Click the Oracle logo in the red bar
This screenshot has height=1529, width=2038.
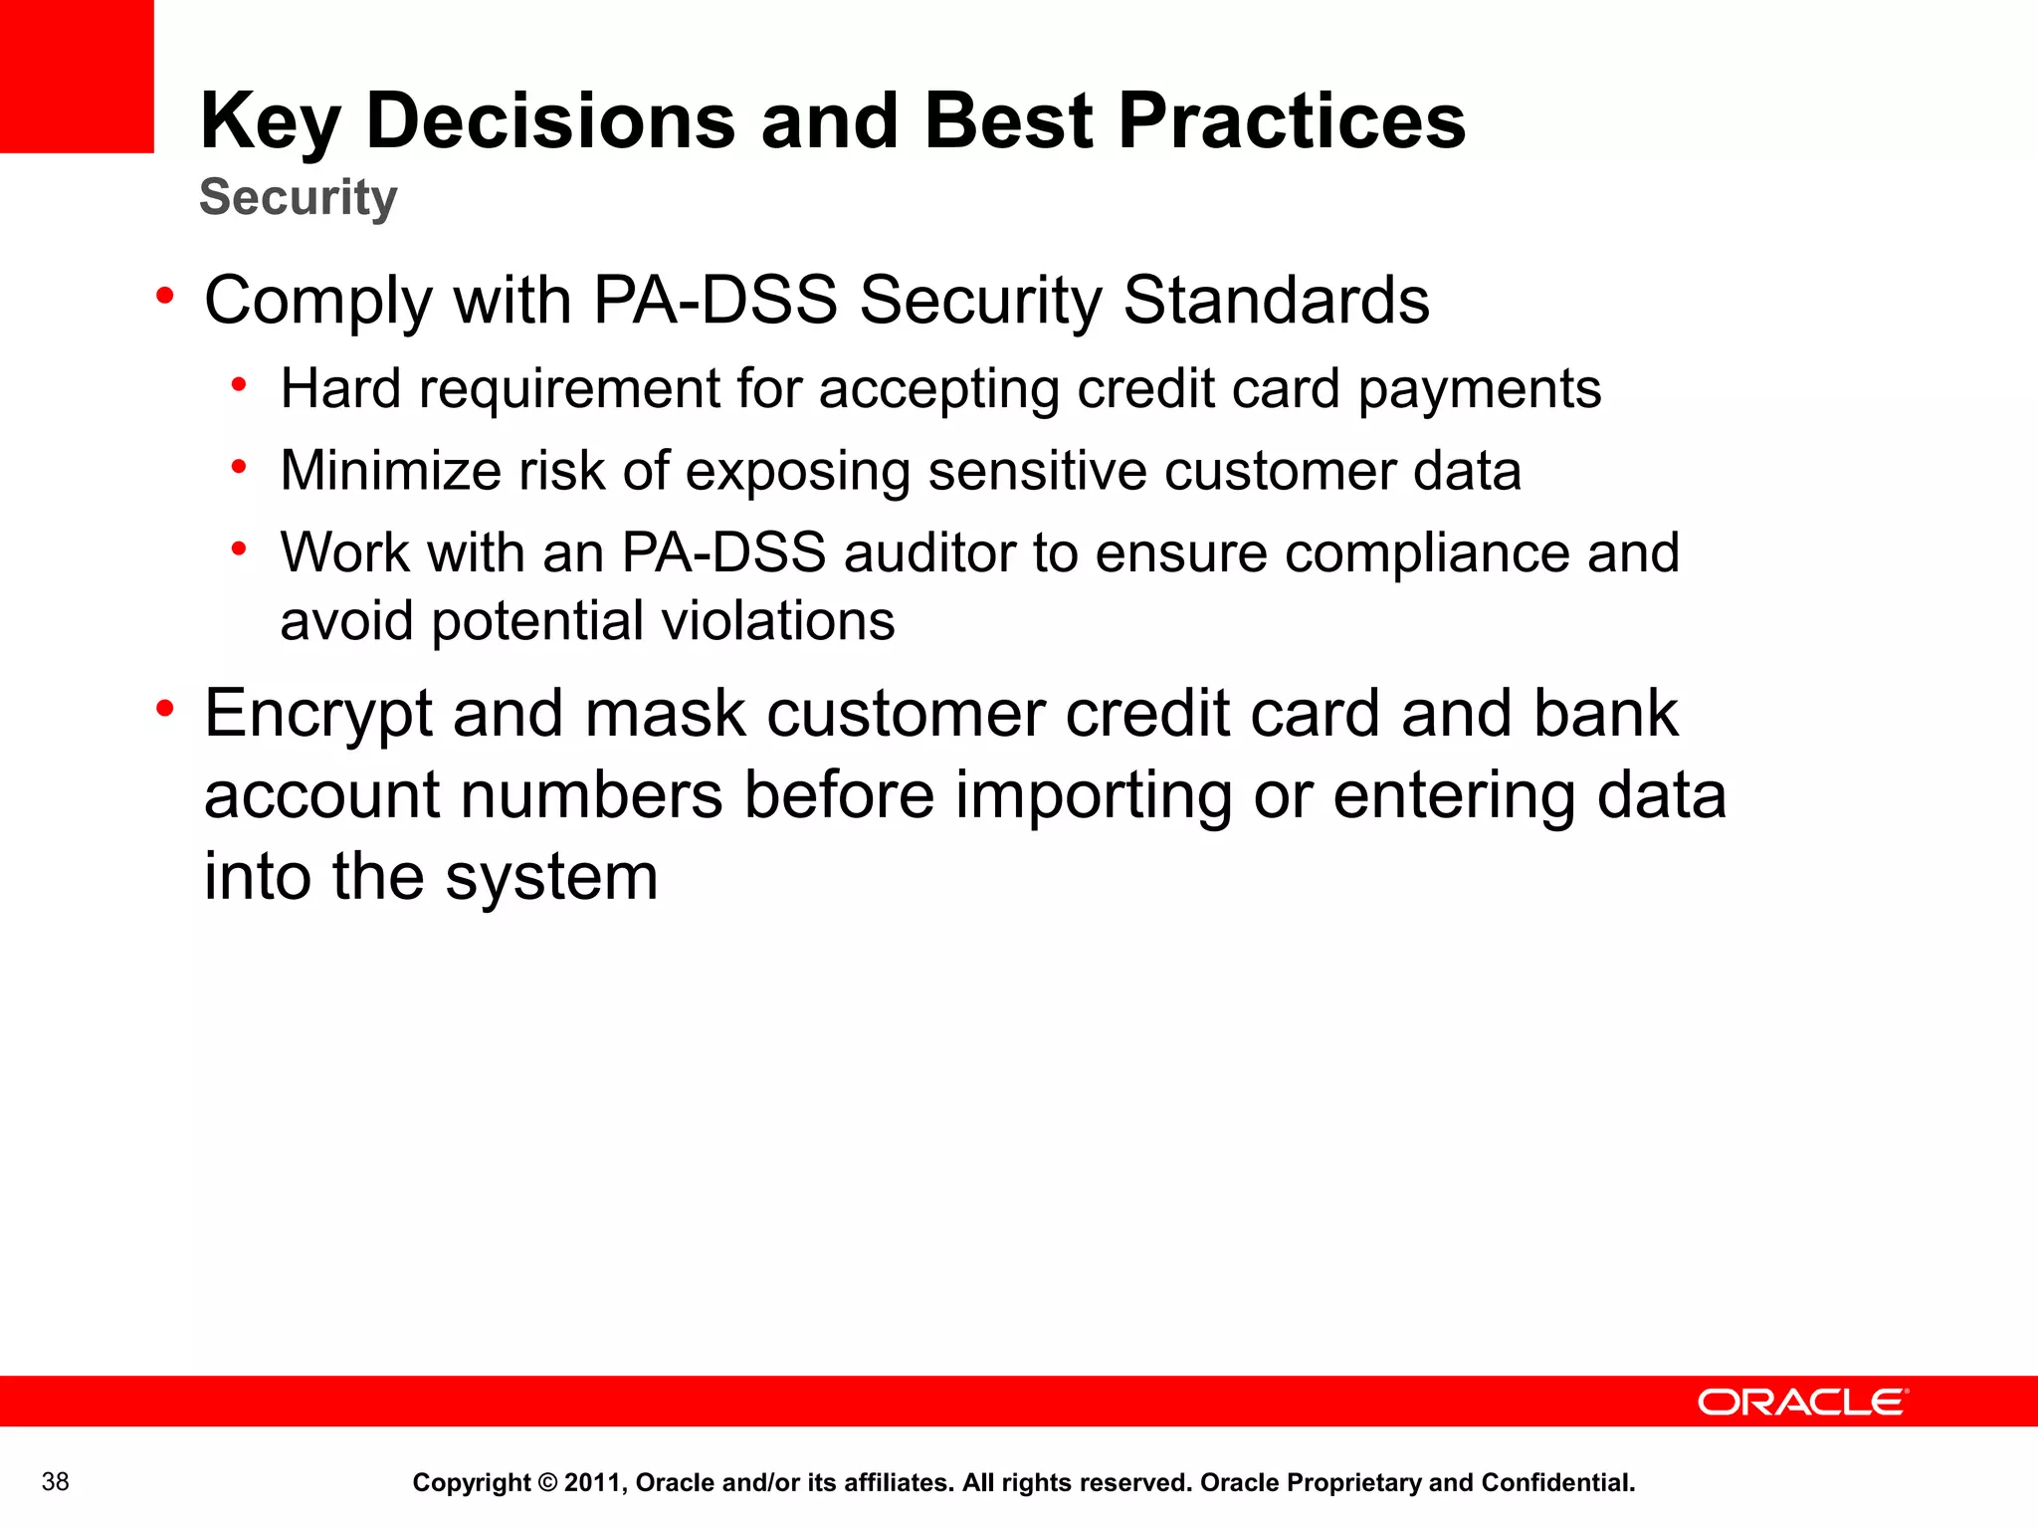(x=1802, y=1403)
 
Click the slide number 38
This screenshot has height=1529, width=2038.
(x=56, y=1482)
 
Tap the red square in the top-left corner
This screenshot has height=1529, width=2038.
(x=77, y=76)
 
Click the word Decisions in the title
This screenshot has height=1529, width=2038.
(x=550, y=121)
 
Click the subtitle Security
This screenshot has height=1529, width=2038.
(x=299, y=197)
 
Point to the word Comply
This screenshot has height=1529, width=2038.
(x=317, y=301)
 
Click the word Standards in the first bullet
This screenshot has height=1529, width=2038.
(x=1276, y=301)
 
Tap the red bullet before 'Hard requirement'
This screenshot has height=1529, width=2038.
(x=239, y=384)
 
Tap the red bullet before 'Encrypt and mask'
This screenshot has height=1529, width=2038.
(x=165, y=709)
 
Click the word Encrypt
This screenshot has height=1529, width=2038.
(x=317, y=715)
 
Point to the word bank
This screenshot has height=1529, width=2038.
(x=1605, y=715)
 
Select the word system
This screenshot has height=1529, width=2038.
(x=551, y=878)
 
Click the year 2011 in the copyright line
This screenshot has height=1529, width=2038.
(x=592, y=1483)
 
